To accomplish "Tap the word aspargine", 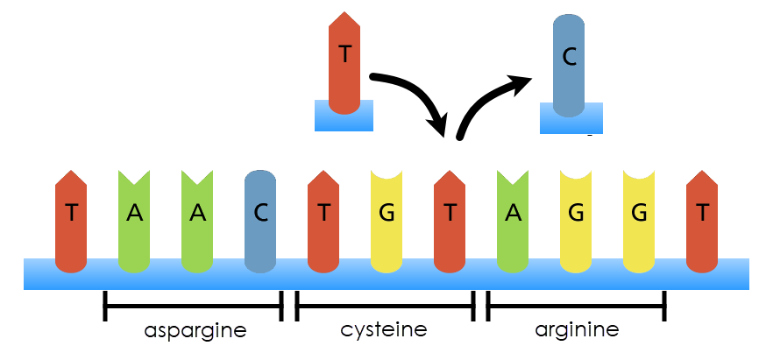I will pyautogui.click(x=195, y=331).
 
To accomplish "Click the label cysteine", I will pyautogui.click(x=384, y=330).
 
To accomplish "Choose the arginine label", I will pyautogui.click(x=577, y=330).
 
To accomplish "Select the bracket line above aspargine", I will pyautogui.click(x=193, y=306).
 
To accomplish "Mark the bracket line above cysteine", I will pyautogui.click(x=385, y=306).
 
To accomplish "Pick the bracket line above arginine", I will pyautogui.click(x=576, y=306).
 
